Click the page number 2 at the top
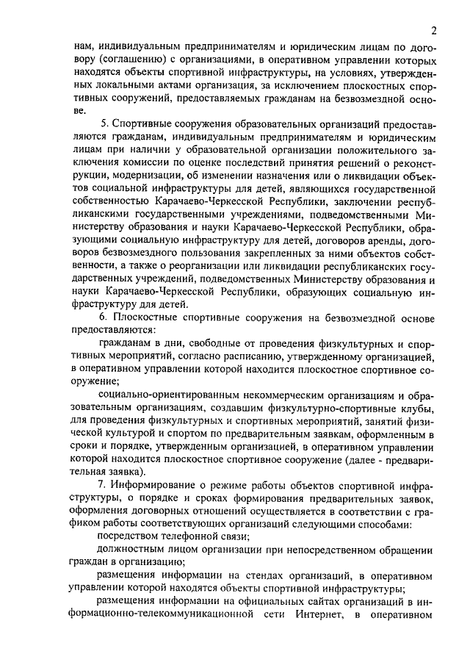(434, 30)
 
